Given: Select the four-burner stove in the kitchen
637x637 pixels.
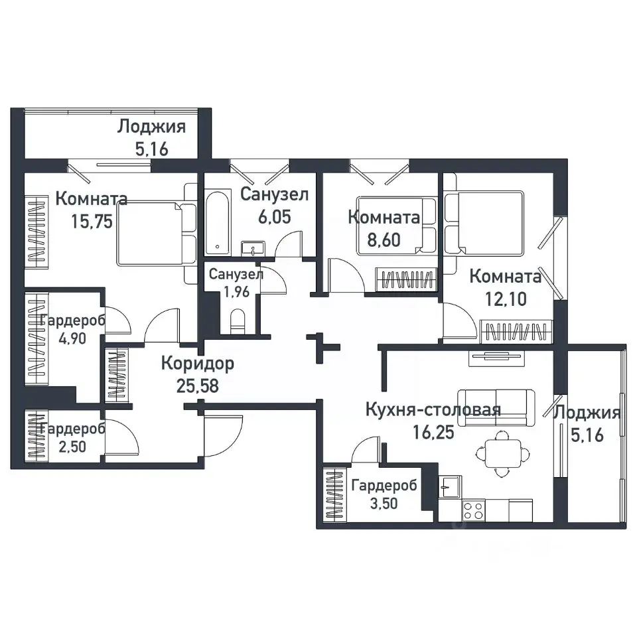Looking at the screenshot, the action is (473, 510).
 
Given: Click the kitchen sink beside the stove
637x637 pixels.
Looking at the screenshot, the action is (450, 486).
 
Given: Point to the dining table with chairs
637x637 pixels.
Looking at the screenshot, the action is (503, 453).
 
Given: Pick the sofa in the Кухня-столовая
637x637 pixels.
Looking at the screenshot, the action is (496, 408).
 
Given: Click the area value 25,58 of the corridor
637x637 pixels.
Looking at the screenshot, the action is (198, 386).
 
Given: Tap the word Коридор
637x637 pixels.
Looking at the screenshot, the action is (198, 364).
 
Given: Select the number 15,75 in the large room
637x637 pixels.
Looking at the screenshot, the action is (92, 222).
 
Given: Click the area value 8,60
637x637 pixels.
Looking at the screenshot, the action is (384, 240).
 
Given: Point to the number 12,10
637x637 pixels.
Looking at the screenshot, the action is (506, 299).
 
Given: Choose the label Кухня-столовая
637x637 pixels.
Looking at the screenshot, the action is (433, 409).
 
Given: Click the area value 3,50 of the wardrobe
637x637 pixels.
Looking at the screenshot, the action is (384, 504).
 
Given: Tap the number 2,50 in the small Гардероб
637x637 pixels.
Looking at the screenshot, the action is (72, 447).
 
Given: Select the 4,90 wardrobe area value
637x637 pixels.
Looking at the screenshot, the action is (72, 338).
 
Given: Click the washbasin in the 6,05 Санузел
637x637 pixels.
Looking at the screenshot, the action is (253, 248).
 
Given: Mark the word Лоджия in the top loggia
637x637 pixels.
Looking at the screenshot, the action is (151, 127).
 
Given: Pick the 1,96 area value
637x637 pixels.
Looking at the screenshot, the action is (236, 292).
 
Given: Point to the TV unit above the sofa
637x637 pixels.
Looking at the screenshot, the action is (496, 358).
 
